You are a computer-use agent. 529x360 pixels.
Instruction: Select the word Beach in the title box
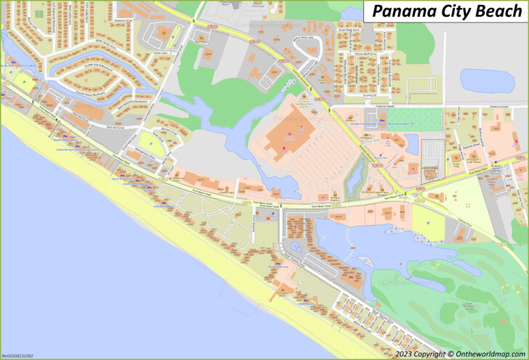(498, 11)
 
